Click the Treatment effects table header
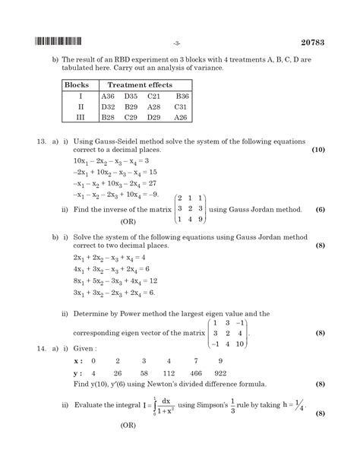[x=139, y=86]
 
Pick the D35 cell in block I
[x=131, y=97]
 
